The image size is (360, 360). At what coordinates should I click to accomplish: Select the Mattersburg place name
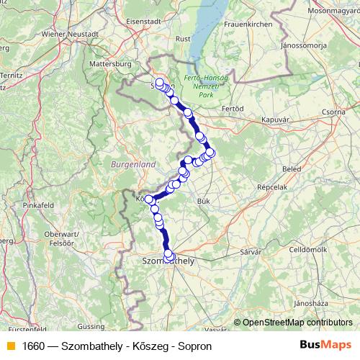pyautogui.click(x=108, y=63)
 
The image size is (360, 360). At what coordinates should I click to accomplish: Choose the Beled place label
pyautogui.click(x=292, y=168)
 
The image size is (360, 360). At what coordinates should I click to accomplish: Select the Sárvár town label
pyautogui.click(x=250, y=253)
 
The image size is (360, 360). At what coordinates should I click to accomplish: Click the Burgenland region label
pyautogui.click(x=133, y=165)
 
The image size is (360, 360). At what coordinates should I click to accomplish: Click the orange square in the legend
pyautogui.click(x=10, y=346)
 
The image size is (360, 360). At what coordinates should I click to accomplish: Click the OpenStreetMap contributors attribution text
pyautogui.click(x=297, y=323)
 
